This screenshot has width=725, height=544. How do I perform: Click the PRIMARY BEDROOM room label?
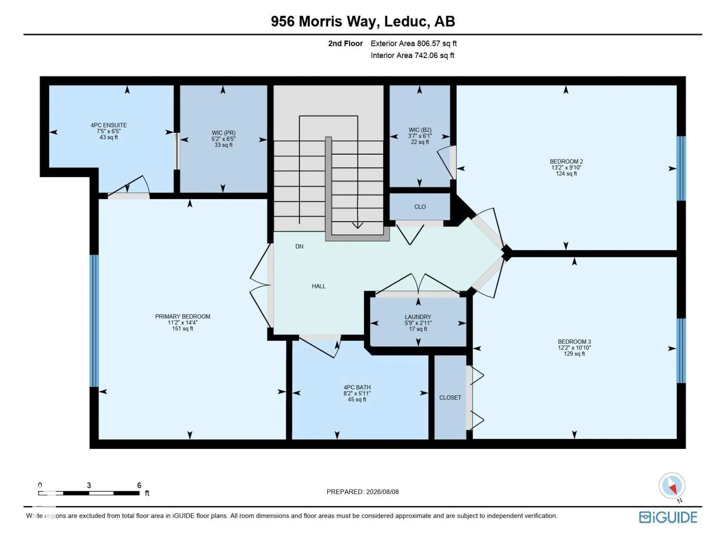(182, 316)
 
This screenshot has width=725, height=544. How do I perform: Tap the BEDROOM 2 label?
(566, 161)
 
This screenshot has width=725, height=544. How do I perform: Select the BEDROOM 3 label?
(574, 342)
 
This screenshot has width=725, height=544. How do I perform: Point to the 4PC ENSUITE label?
(109, 125)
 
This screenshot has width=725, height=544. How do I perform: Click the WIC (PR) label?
(223, 133)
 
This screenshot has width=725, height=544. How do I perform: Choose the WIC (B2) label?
(420, 130)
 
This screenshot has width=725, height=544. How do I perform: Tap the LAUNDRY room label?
(418, 317)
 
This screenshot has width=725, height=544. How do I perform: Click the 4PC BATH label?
(357, 388)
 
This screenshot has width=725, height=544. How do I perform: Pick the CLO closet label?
(420, 207)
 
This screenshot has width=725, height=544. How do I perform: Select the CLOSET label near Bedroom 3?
(450, 398)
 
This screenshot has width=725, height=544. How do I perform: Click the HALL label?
(319, 287)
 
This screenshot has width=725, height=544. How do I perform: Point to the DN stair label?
(299, 247)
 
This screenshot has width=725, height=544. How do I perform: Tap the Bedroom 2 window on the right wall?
(681, 169)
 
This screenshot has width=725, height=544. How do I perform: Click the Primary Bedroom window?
(94, 321)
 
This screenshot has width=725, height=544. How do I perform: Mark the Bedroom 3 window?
(681, 350)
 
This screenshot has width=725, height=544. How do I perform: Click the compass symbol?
(672, 486)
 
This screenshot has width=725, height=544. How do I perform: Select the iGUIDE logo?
(668, 517)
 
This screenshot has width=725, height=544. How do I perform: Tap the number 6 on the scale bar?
(139, 485)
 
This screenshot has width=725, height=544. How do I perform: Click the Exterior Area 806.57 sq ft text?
(414, 44)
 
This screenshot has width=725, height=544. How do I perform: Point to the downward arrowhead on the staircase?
(358, 226)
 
